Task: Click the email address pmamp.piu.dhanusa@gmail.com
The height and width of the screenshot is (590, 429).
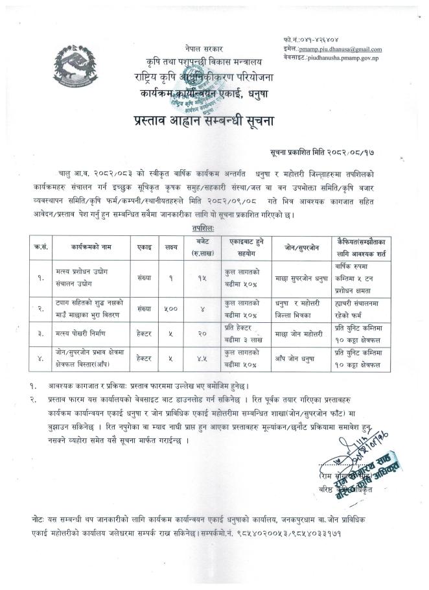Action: (x=341, y=49)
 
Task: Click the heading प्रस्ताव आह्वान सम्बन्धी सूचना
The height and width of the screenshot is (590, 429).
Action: (x=214, y=120)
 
